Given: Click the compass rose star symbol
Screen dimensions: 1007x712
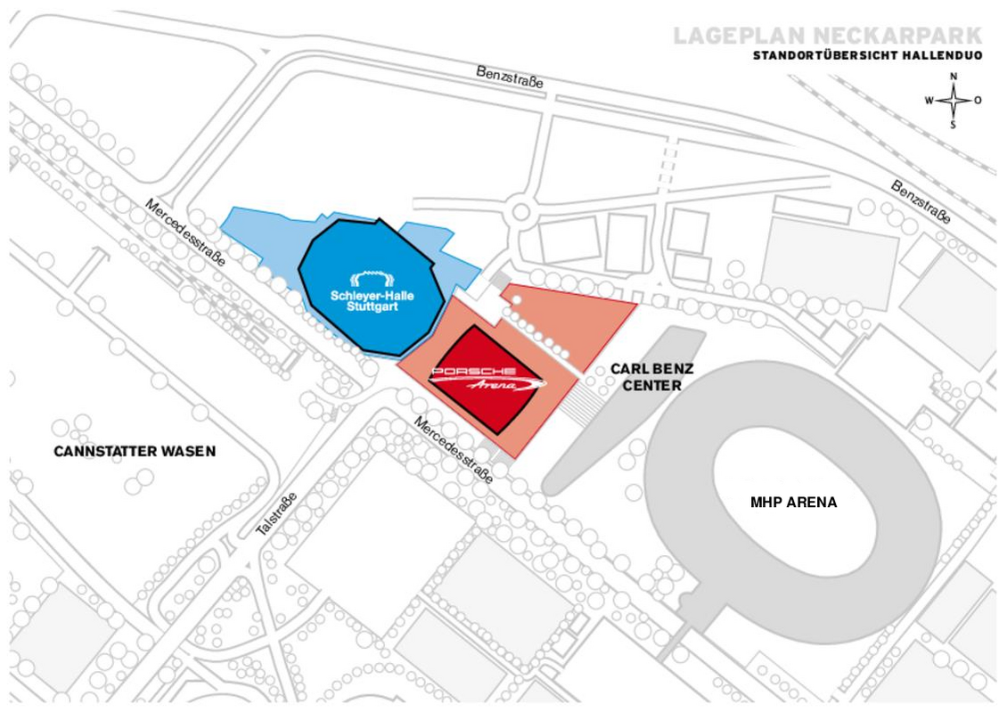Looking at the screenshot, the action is coord(954,101).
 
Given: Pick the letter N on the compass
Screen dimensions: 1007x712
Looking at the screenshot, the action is coord(954,77).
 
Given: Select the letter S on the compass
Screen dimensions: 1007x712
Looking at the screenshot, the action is coord(953,125).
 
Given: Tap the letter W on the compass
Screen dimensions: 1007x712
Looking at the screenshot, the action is coord(929,101).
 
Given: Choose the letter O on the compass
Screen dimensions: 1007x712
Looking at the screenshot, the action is coord(978,101).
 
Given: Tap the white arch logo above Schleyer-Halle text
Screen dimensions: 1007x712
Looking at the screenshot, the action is coord(372,279).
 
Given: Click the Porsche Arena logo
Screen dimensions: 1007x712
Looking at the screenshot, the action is coord(487,379).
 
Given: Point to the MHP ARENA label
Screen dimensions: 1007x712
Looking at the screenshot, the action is coord(794,503).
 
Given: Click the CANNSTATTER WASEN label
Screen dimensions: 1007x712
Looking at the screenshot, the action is coord(135,451).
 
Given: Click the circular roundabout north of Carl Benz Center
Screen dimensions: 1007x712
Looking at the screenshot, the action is coord(521,211).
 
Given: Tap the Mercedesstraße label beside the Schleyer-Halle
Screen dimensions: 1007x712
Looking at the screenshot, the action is coord(185,233).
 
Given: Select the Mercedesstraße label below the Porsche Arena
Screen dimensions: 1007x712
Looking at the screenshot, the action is coord(454,450).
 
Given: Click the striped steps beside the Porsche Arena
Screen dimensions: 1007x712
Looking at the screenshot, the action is coord(583,401).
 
